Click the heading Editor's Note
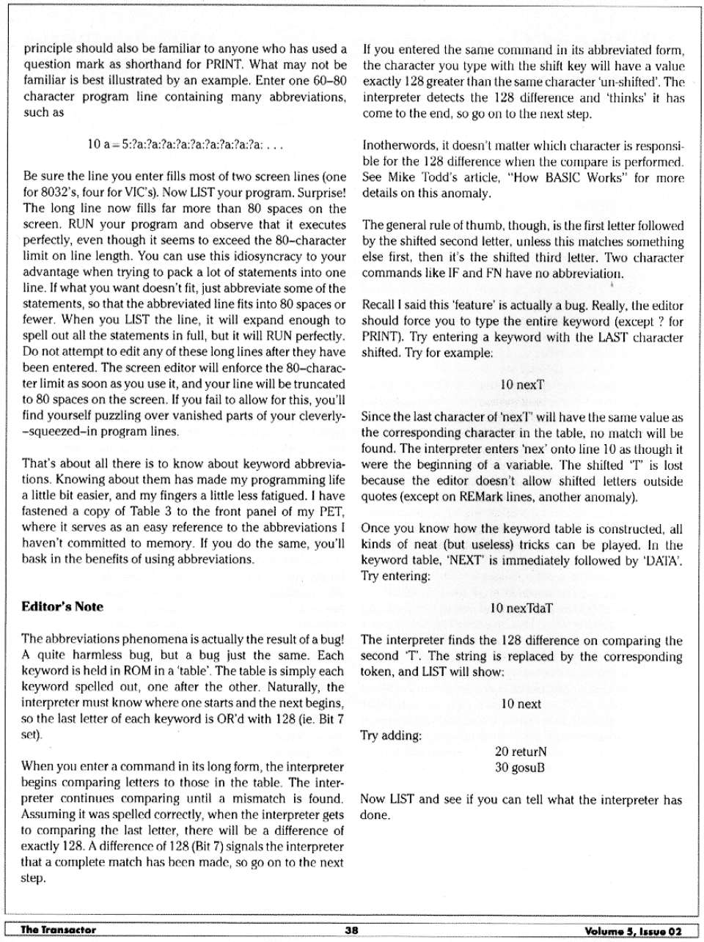63,606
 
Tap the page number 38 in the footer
351,930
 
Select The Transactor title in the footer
59,930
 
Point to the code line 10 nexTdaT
521,608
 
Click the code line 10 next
521,704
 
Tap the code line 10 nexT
521,384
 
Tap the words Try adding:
392,735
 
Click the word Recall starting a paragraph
379,305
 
